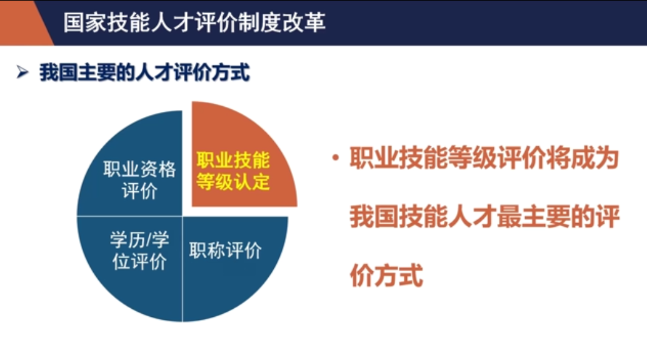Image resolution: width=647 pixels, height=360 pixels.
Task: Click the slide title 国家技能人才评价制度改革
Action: (194, 22)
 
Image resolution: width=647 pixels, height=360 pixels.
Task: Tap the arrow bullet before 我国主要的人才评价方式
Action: (23, 72)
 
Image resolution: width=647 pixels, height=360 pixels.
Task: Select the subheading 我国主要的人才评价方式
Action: (144, 72)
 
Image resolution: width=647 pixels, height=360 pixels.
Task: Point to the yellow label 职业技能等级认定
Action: (233, 171)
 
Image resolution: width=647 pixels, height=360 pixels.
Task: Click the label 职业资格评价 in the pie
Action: (139, 180)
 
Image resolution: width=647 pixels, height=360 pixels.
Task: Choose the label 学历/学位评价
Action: (139, 250)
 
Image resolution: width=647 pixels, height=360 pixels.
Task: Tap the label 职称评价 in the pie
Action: (225, 250)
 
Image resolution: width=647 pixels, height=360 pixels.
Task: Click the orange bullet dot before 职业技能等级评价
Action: (336, 157)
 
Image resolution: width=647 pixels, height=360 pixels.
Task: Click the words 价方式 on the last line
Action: (386, 275)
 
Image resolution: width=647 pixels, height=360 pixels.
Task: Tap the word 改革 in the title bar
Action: (304, 22)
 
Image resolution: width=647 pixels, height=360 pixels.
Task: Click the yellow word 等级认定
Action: (233, 181)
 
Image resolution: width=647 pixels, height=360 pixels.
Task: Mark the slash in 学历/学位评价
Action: (146, 240)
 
